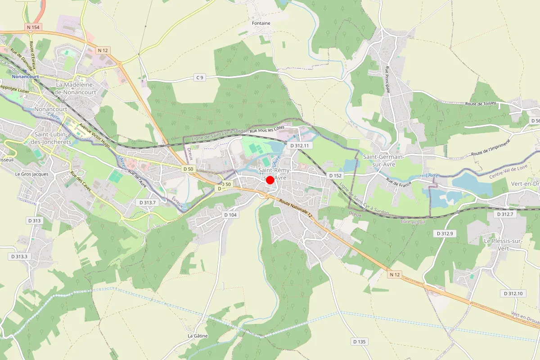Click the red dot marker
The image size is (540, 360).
pos(270,180)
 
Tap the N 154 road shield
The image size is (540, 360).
pos(34,27)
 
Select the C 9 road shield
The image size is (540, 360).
pos(199,77)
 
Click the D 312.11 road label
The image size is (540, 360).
pos(300,146)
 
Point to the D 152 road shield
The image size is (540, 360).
pos(335,175)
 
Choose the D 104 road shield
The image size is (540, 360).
pos(230,215)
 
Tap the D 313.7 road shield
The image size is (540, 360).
pos(147,202)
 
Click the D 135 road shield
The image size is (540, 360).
pos(359,342)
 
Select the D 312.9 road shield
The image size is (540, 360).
pos(445,234)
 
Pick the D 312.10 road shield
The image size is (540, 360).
pos(513,293)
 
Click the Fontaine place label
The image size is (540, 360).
pos(261,23)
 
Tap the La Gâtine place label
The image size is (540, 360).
pos(197,336)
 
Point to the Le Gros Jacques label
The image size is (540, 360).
pos(31,174)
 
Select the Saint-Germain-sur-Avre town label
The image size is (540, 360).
pos(384,160)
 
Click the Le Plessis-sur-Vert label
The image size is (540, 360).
pos(503,244)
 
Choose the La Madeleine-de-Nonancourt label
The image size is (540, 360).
pos(76,88)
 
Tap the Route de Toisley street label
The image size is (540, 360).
pos(481,103)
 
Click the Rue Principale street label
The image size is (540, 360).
pos(387,79)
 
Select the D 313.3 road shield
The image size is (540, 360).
pos(19,256)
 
